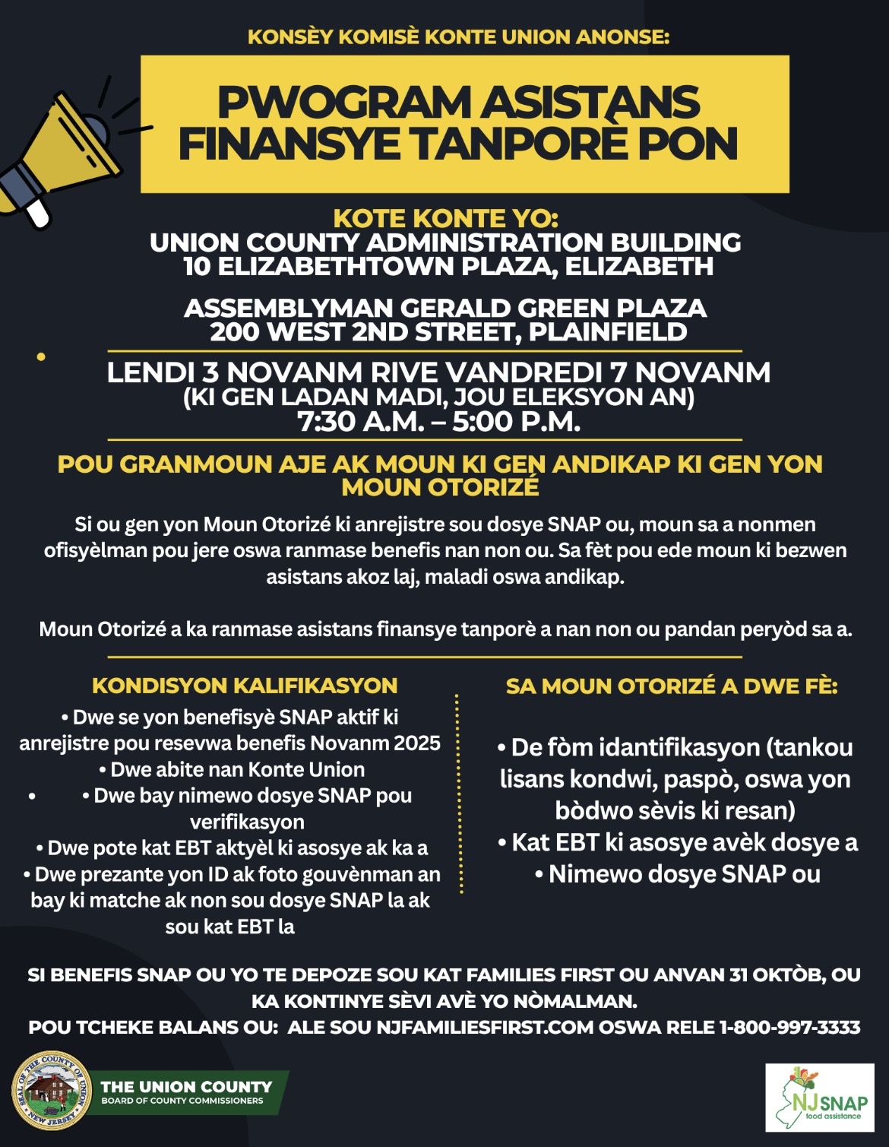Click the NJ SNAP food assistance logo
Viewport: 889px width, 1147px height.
tap(819, 1098)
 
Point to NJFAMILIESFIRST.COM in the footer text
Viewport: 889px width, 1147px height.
tap(485, 1028)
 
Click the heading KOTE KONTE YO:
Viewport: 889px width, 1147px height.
tap(445, 219)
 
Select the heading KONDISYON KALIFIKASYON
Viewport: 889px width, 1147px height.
tap(245, 686)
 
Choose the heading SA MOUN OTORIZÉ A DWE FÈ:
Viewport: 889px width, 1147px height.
tap(672, 686)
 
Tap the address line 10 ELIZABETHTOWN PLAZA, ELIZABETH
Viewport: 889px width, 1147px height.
tap(448, 267)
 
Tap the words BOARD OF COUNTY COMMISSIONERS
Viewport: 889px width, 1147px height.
tap(182, 1101)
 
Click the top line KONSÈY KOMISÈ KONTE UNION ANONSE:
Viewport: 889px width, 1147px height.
tap(458, 37)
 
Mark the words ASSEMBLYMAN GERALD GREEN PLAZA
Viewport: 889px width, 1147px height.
tap(445, 308)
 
